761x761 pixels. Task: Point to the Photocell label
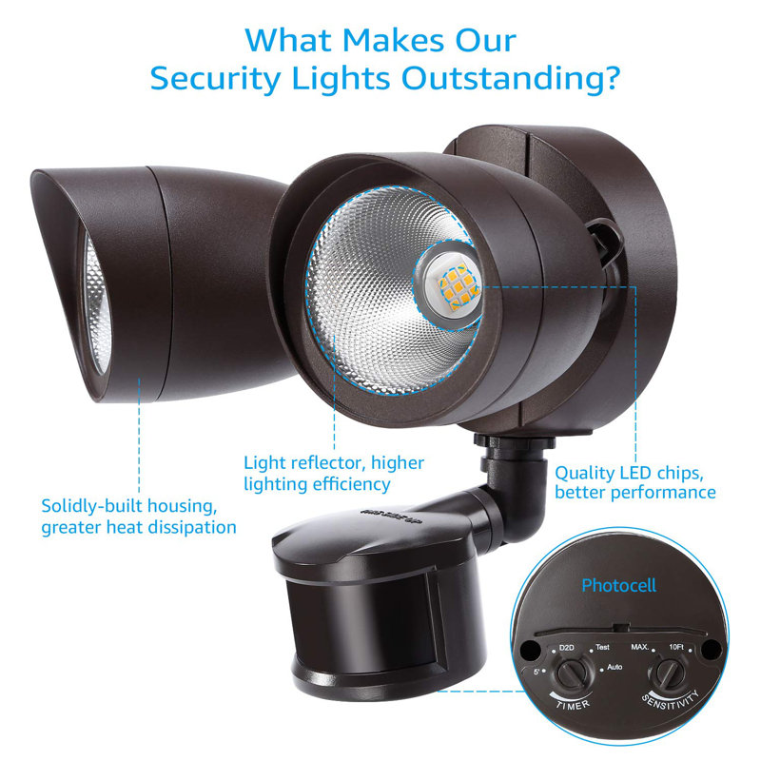point(618,586)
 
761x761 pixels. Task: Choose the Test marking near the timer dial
point(601,648)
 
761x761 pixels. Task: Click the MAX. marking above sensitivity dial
point(639,648)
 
